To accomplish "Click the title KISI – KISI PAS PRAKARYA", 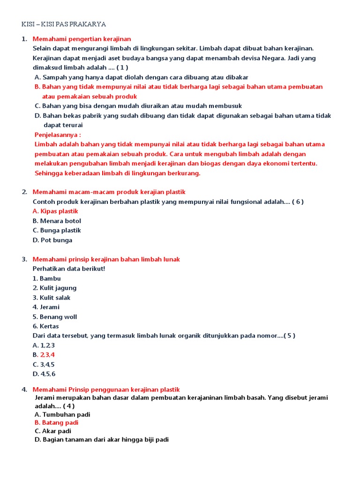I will pyautogui.click(x=64, y=24).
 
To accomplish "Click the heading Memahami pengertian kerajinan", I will pyautogui.click(x=82, y=38).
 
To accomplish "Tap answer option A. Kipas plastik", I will pyautogui.click(x=55, y=211).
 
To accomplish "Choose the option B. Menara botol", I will pyautogui.click(x=57, y=221).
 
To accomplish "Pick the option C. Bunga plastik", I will pyautogui.click(x=57, y=231).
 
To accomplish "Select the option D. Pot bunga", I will pyautogui.click(x=52, y=240).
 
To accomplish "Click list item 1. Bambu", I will pyautogui.click(x=47, y=278).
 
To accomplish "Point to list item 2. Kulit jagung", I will pyautogui.click(x=54, y=288).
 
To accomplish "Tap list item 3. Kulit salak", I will pyautogui.click(x=52, y=298).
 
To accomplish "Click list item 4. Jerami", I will pyautogui.click(x=46, y=307).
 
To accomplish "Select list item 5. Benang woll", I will pyautogui.click(x=55, y=317).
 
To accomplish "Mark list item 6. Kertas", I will pyautogui.click(x=46, y=326).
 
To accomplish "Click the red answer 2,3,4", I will pyautogui.click(x=47, y=355).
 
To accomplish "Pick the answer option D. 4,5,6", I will pyautogui.click(x=44, y=374).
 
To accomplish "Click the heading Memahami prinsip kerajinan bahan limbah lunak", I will pyautogui.click(x=106, y=259).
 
